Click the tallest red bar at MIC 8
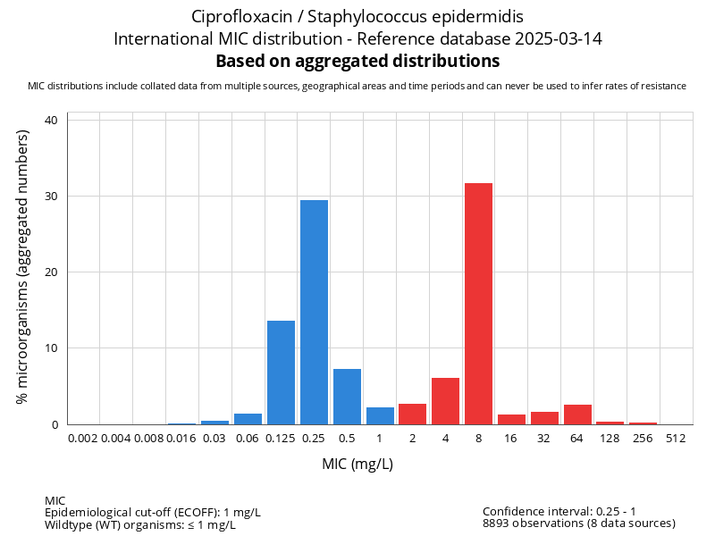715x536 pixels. [478, 304]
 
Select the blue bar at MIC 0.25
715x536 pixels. [314, 313]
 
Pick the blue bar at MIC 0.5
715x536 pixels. [347, 397]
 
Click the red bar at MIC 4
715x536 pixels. [445, 401]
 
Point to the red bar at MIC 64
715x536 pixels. [577, 415]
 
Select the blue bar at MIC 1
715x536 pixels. [380, 415]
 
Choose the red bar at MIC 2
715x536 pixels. [412, 415]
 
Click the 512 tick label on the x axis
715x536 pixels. [676, 439]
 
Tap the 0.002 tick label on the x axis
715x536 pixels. [83, 439]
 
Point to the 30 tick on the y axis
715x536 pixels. [51, 196]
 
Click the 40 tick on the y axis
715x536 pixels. [51, 120]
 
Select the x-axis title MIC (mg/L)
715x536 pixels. [357, 465]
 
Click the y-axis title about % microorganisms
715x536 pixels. [23, 265]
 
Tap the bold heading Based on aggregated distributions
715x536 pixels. [357, 62]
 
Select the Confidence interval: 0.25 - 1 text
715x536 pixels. [559, 511]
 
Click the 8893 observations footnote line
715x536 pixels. [578, 523]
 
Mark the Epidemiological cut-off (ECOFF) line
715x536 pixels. [152, 512]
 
